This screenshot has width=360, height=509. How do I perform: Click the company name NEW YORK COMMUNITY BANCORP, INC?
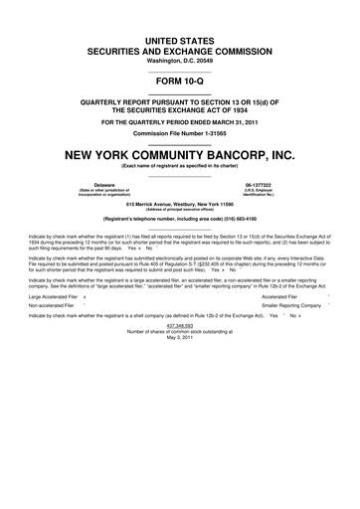pyautogui.click(x=180, y=155)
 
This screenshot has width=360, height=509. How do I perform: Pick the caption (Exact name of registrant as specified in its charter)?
pyautogui.click(x=180, y=167)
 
